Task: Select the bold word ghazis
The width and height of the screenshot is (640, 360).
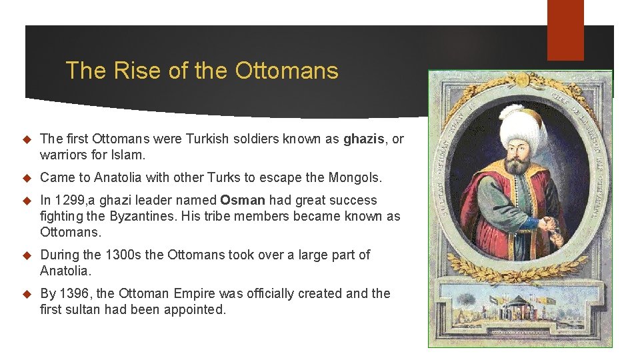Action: coord(365,139)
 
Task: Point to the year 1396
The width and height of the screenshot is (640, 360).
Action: coord(73,293)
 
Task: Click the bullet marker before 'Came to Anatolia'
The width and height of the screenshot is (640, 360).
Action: coord(27,178)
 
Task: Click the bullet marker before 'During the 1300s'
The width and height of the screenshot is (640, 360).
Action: coord(27,255)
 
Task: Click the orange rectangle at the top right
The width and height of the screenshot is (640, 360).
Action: coord(565,30)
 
